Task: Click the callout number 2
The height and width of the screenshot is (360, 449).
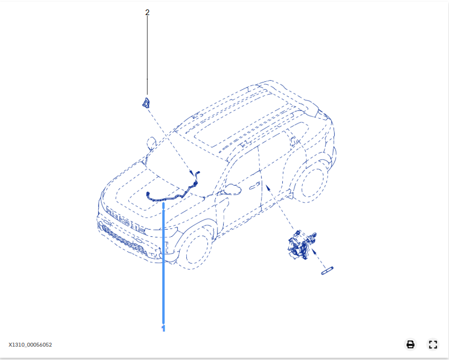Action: [x=147, y=12]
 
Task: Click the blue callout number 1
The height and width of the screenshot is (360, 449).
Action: [x=163, y=328]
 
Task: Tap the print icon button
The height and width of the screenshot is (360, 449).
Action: [x=411, y=344]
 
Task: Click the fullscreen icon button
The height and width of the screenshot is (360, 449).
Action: [x=433, y=344]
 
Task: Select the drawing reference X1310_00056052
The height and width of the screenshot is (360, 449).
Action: [x=30, y=345]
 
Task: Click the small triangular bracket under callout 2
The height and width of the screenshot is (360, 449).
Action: [x=146, y=103]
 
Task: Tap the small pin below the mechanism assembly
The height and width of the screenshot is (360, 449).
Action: [x=327, y=271]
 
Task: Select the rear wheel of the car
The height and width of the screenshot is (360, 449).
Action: [x=312, y=181]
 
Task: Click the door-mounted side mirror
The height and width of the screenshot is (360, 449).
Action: [x=233, y=189]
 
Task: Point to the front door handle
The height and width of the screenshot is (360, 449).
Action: [x=254, y=186]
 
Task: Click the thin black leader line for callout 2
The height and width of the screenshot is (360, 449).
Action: [x=147, y=55]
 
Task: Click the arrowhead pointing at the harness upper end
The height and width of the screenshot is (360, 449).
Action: [x=191, y=173]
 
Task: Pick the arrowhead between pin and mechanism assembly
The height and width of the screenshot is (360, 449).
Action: [x=314, y=251]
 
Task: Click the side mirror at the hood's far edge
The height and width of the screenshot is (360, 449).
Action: [x=151, y=143]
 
